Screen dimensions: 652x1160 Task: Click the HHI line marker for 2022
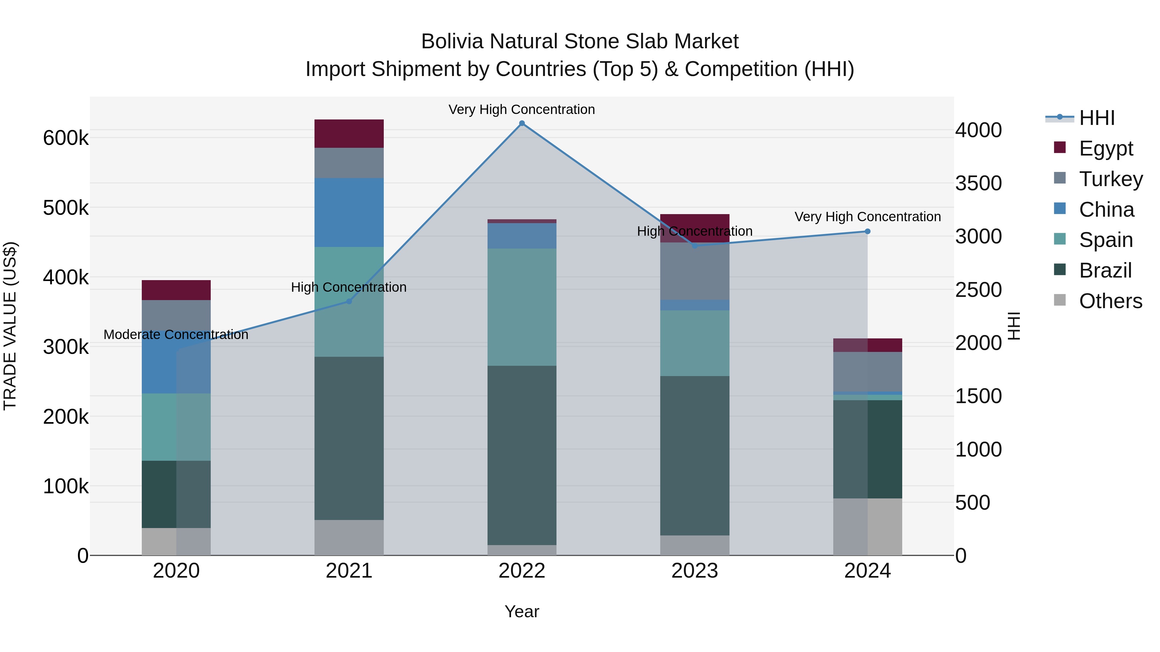click(522, 123)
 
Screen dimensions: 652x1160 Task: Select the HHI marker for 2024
click(867, 231)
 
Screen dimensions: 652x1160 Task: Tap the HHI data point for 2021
click(349, 301)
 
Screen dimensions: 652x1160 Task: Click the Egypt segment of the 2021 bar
click(349, 134)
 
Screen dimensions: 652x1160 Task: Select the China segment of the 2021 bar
click(349, 213)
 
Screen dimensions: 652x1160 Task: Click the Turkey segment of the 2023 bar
click(694, 271)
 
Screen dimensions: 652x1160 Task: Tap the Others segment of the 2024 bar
click(867, 526)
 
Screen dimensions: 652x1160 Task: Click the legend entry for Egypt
click(1106, 148)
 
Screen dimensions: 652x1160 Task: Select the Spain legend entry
click(1106, 240)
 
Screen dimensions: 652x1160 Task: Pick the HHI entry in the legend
click(1097, 118)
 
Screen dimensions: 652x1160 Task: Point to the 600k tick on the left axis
click(66, 138)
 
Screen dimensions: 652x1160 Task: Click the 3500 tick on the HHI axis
click(978, 183)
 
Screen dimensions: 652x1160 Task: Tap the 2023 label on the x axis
click(694, 571)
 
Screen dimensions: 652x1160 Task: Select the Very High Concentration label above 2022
click(522, 109)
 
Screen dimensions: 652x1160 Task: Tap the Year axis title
click(522, 611)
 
